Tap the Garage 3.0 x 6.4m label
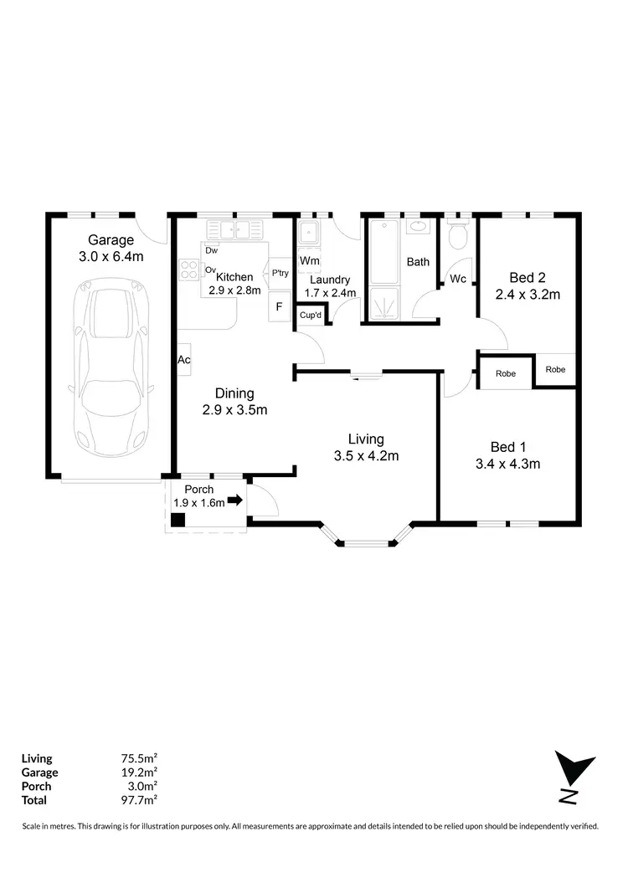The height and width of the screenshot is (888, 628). pyautogui.click(x=111, y=248)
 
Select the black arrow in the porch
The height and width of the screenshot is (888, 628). pyautogui.click(x=235, y=501)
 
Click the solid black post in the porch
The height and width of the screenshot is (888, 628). pyautogui.click(x=178, y=520)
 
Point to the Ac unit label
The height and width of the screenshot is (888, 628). pyautogui.click(x=183, y=360)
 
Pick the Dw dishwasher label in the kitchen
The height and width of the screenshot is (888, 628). pyautogui.click(x=212, y=250)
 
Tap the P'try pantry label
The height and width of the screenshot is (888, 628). pyautogui.click(x=280, y=273)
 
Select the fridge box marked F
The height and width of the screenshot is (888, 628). pyautogui.click(x=279, y=307)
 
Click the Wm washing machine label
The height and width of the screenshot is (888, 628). pyautogui.click(x=309, y=261)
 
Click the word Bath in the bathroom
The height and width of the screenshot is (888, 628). pyautogui.click(x=418, y=262)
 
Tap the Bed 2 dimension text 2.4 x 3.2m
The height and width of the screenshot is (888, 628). pyautogui.click(x=528, y=294)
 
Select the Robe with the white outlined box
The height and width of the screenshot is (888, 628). pyautogui.click(x=505, y=374)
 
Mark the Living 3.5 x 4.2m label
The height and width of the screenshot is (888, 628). pyautogui.click(x=367, y=447)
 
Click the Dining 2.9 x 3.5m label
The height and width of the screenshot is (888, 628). pyautogui.click(x=234, y=402)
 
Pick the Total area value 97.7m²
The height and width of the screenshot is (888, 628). pyautogui.click(x=140, y=799)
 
